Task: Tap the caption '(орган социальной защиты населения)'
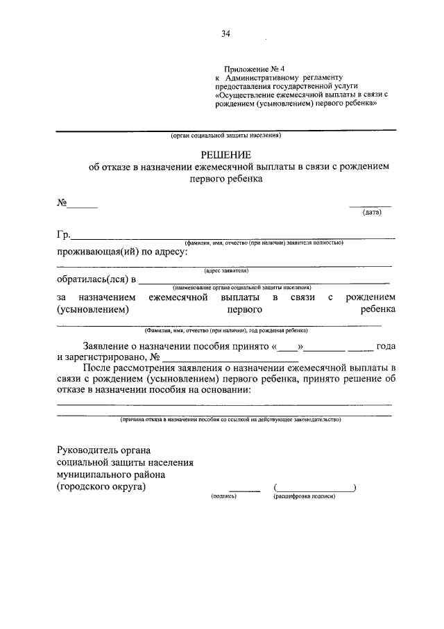point(225,136)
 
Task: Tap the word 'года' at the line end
point(385,345)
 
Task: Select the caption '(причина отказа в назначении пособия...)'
point(230,420)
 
